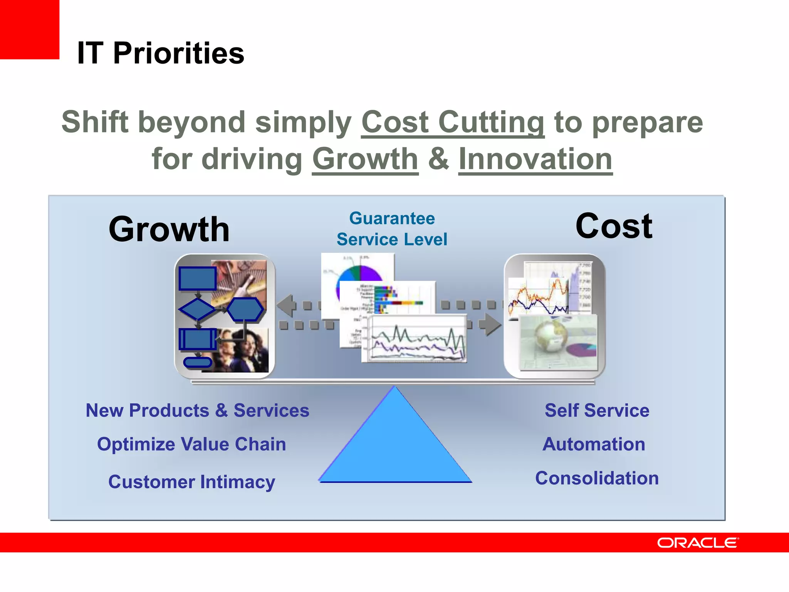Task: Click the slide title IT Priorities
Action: [161, 53]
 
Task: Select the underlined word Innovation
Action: [535, 159]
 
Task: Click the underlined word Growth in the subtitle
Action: [365, 159]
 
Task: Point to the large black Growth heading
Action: [169, 229]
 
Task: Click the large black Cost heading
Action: [614, 226]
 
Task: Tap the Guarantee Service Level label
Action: [392, 229]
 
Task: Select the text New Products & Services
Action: [197, 410]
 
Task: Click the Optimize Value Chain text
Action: [191, 444]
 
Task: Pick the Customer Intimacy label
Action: [191, 482]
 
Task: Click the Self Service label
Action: [597, 410]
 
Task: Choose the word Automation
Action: [594, 444]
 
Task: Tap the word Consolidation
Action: [597, 478]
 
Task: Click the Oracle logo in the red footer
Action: [698, 543]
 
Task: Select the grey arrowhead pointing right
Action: [491, 325]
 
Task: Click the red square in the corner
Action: [29, 29]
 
